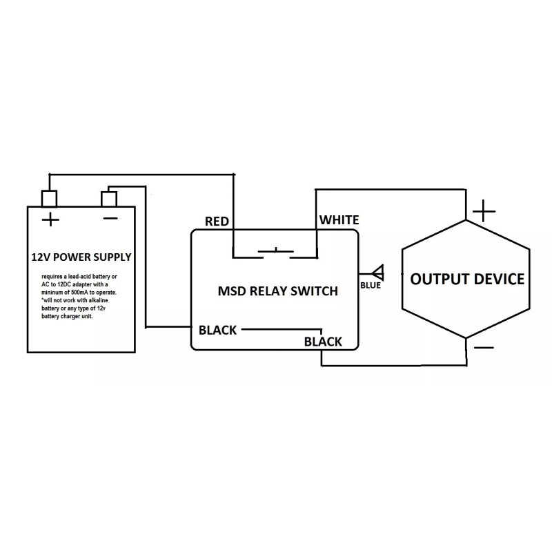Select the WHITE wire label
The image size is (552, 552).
[338, 220]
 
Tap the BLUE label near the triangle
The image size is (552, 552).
[370, 285]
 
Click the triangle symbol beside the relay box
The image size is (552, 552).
[377, 271]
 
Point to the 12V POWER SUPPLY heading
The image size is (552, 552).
[81, 257]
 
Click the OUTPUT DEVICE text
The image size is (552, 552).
[467, 279]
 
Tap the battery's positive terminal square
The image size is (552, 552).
[50, 198]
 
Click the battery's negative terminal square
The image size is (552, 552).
[109, 198]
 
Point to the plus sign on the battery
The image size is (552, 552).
[50, 220]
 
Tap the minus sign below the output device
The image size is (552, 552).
[484, 348]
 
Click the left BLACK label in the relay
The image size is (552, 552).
[217, 330]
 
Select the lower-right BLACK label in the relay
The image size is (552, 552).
[323, 342]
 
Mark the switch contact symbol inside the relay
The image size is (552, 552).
[275, 252]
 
